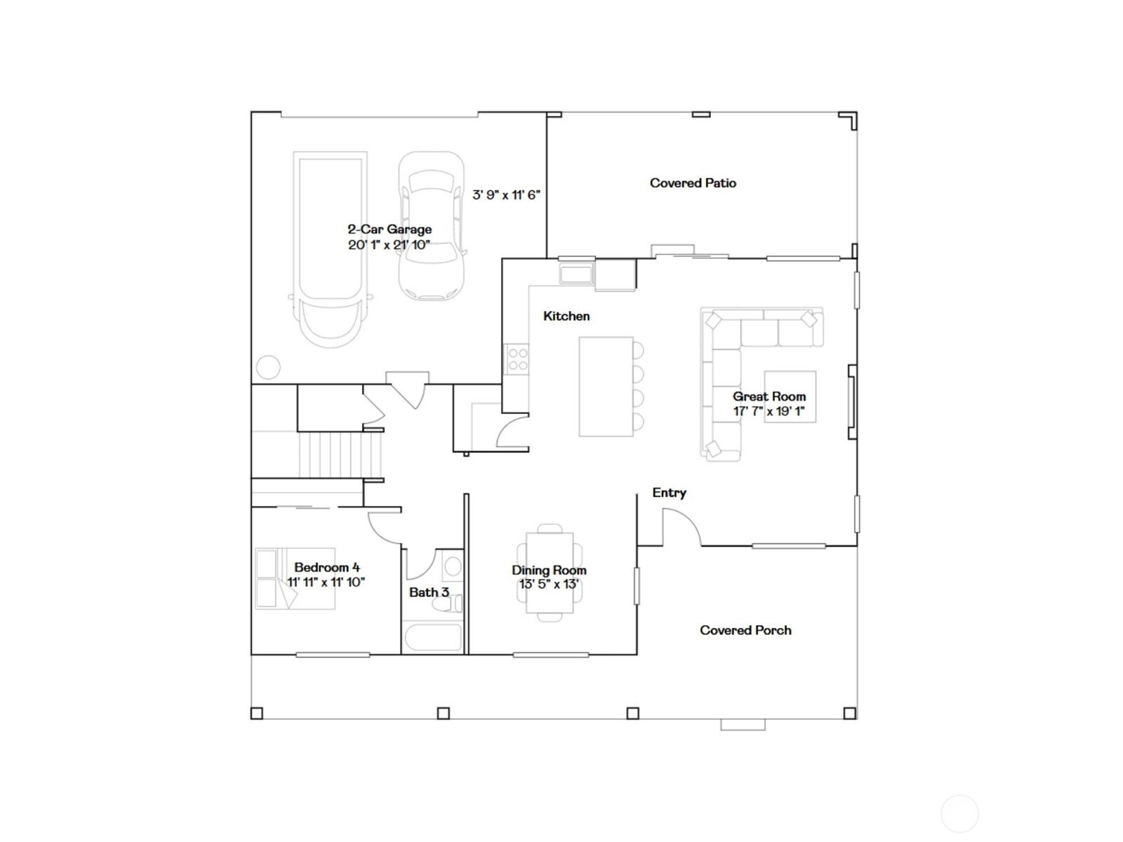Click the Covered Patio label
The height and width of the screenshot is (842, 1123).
(693, 183)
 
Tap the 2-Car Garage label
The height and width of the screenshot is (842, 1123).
(390, 229)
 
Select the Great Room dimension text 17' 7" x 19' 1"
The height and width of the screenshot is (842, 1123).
(769, 411)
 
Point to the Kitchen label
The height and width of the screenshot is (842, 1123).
(566, 316)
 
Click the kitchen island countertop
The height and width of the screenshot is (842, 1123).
(606, 387)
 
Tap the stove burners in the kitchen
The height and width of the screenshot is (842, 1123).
(517, 359)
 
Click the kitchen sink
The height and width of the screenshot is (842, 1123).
(576, 274)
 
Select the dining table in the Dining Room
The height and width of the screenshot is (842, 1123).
(550, 573)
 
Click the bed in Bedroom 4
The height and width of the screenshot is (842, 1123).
(295, 579)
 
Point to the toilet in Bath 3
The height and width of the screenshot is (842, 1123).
(447, 603)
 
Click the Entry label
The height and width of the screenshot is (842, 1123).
(669, 493)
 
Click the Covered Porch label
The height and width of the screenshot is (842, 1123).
(745, 630)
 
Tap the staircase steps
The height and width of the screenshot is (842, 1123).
(340, 455)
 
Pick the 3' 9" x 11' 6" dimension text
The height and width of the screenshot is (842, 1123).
(506, 195)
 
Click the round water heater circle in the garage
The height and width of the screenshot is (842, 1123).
(268, 366)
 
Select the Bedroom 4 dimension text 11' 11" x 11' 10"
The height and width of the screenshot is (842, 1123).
(326, 582)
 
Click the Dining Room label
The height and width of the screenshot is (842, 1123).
(549, 570)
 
